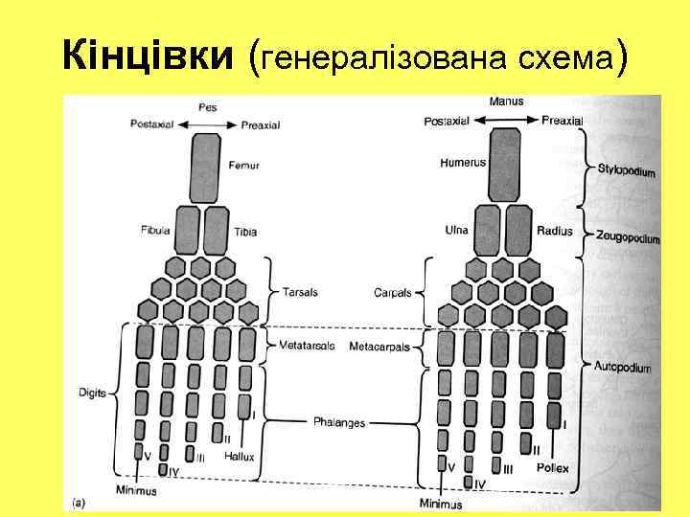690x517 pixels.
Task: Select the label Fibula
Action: pyautogui.click(x=154, y=231)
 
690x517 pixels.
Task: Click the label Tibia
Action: pyautogui.click(x=245, y=232)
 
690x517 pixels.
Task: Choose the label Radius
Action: pyautogui.click(x=555, y=231)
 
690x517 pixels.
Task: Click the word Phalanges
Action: pyautogui.click(x=339, y=421)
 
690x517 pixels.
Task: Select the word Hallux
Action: pyautogui.click(x=239, y=457)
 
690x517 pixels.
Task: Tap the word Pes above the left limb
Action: pyautogui.click(x=207, y=107)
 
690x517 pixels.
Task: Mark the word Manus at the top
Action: pyautogui.click(x=505, y=101)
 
